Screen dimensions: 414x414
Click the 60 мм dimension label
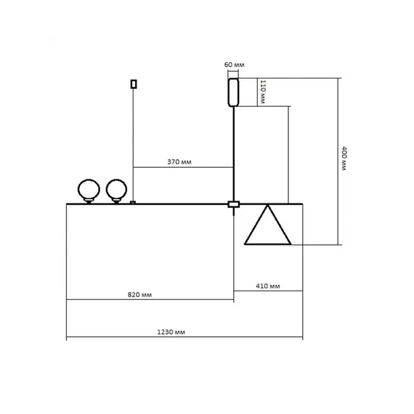point(234,65)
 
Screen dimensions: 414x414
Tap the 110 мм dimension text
point(262,92)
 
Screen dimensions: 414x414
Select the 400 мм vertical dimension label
point(344,158)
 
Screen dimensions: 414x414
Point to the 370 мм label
point(179,161)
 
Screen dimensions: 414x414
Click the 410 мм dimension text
point(268,286)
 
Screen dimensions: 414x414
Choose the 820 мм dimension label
point(139,295)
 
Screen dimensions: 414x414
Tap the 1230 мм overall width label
point(171,332)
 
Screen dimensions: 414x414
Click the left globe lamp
point(89,190)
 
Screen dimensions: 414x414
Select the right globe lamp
point(116,190)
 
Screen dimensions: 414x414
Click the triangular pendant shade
point(268,244)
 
